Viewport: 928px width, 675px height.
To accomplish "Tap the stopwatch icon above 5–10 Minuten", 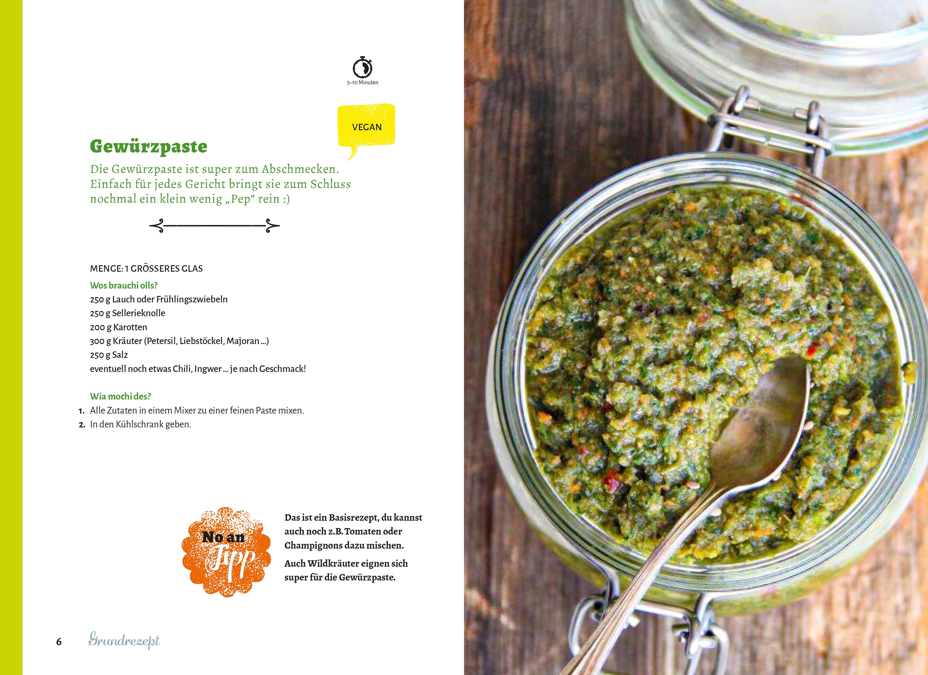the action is click(x=363, y=67).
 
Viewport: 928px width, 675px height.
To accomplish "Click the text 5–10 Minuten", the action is click(x=363, y=83).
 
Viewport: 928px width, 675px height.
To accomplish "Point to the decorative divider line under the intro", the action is click(x=215, y=225).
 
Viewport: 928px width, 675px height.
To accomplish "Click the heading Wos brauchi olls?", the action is click(x=124, y=285).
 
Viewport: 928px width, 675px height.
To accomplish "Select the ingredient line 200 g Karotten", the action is click(x=118, y=327).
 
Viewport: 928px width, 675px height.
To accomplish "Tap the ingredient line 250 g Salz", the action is click(x=109, y=355).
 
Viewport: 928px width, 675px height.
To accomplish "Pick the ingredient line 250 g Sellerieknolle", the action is click(x=128, y=313).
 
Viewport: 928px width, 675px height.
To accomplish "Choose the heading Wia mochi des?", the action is click(x=120, y=396).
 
